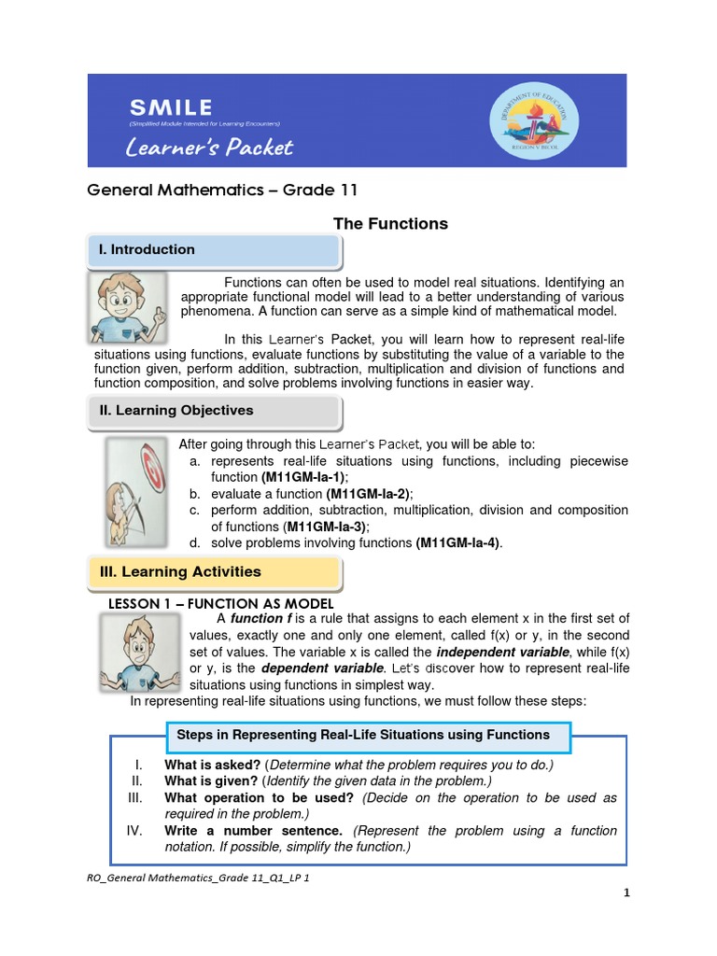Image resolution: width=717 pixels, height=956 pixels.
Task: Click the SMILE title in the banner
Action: tap(171, 106)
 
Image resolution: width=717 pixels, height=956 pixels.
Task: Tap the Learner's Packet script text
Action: tap(210, 147)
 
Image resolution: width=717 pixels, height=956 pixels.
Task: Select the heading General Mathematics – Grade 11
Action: tap(222, 190)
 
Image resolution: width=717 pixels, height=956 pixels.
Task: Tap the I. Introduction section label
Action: tap(148, 249)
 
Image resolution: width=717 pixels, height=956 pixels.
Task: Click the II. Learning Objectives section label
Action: tap(176, 410)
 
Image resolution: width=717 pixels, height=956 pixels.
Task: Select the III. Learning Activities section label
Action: tap(180, 571)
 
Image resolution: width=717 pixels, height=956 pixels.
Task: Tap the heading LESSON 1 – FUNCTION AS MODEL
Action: tap(222, 603)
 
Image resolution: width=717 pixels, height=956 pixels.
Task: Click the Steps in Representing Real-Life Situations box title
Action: tap(363, 735)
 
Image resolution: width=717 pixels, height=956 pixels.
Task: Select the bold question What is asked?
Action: tap(212, 765)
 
